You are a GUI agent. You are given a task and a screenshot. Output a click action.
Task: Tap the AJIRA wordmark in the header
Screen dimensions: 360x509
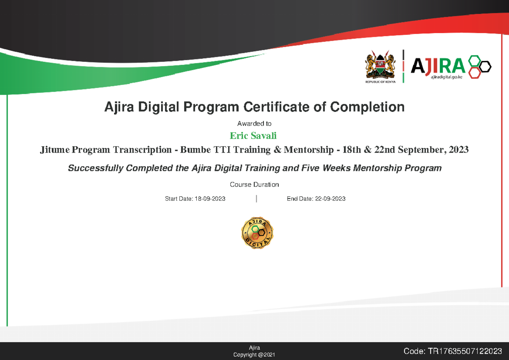pyautogui.click(x=437, y=66)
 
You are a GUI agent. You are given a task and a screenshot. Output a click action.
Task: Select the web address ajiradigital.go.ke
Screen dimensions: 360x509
pyautogui.click(x=449, y=77)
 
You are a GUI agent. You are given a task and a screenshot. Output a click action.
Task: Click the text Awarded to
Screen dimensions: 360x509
pyautogui.click(x=254, y=124)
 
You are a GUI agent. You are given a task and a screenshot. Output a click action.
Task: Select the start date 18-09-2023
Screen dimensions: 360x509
pyautogui.click(x=210, y=199)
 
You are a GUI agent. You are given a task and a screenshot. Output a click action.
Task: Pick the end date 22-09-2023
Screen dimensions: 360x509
pyautogui.click(x=330, y=199)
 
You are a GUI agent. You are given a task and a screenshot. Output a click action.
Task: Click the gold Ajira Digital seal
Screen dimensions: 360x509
pyautogui.click(x=257, y=233)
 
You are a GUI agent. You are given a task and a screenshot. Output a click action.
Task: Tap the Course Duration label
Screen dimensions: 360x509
pyautogui.click(x=254, y=185)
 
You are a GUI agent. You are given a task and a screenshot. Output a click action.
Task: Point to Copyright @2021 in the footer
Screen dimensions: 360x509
pyautogui.click(x=254, y=355)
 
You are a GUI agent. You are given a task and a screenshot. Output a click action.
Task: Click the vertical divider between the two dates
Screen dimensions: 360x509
pyautogui.click(x=257, y=199)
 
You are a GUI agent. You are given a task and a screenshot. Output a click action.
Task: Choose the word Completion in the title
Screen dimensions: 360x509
pyautogui.click(x=367, y=107)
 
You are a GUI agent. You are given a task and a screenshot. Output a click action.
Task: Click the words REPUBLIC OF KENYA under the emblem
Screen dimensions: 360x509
pyautogui.click(x=380, y=82)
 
